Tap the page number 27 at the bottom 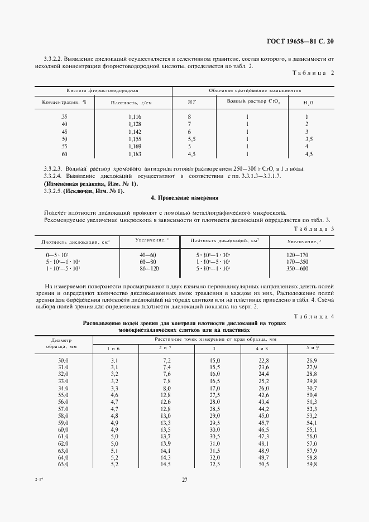(184, 480)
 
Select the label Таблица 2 (313, 73)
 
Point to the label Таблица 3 (313, 229)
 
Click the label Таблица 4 (313, 316)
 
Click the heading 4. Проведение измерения (184, 198)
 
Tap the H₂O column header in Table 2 (308, 103)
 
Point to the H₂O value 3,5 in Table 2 (308, 139)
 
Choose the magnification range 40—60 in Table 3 (148, 254)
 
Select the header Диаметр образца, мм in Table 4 (61, 342)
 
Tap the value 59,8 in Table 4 (312, 464)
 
